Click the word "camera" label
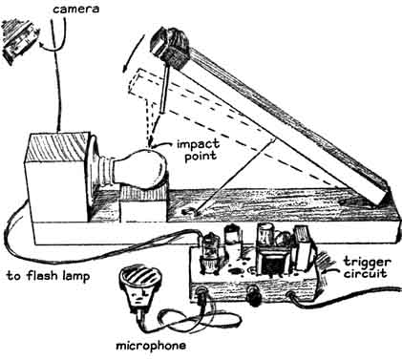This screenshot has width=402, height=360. pyautogui.click(x=75, y=9)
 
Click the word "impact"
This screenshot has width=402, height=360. pyautogui.click(x=198, y=144)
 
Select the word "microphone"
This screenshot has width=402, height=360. pyautogui.click(x=151, y=346)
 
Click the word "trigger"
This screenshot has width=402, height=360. pyautogui.click(x=367, y=264)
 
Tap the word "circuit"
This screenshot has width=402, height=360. pyautogui.click(x=365, y=274)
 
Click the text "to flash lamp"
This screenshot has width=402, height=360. pyautogui.click(x=48, y=276)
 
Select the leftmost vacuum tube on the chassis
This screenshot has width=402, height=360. pyautogui.click(x=210, y=252)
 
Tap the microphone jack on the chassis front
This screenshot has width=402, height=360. pyautogui.click(x=201, y=294)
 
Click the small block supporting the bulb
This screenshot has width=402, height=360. pyautogui.click(x=143, y=202)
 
